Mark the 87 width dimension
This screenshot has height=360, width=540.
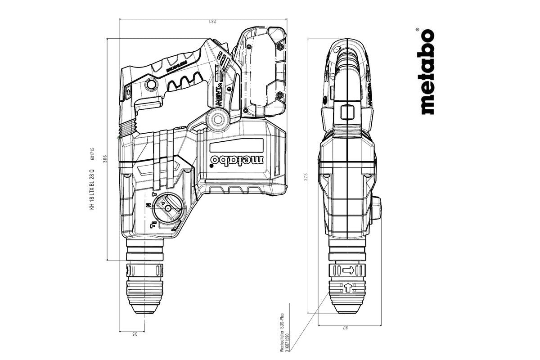pyautogui.click(x=346, y=328)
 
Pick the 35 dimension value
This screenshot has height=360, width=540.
pyautogui.click(x=134, y=333)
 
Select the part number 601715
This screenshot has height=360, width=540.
pyautogui.click(x=92, y=154)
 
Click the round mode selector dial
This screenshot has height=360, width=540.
pyautogui.click(x=167, y=208)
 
